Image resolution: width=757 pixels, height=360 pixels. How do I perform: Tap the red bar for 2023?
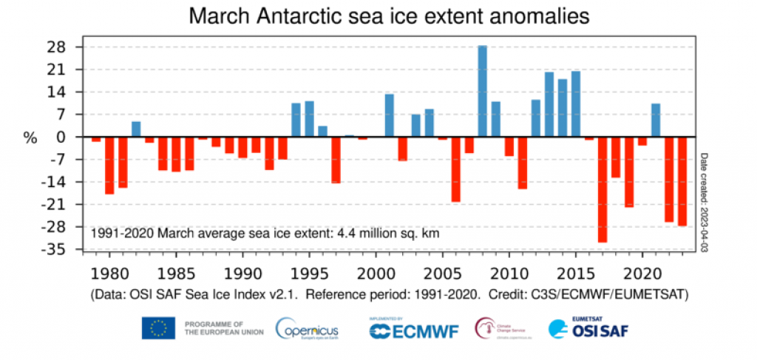[682, 181]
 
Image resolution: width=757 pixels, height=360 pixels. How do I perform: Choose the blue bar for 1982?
[136, 129]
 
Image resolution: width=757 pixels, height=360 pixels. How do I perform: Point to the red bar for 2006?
[455, 169]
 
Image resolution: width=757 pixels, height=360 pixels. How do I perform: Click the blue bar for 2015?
[576, 104]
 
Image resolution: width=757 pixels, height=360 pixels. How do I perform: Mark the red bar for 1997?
[336, 160]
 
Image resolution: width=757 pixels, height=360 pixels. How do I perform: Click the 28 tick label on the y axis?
[56, 47]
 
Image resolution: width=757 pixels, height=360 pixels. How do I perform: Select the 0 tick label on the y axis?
[61, 137]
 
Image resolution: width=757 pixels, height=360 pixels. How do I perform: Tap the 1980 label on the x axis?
[109, 271]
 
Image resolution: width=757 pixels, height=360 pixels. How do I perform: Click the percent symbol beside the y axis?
[30, 137]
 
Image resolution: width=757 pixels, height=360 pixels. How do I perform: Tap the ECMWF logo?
[414, 329]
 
